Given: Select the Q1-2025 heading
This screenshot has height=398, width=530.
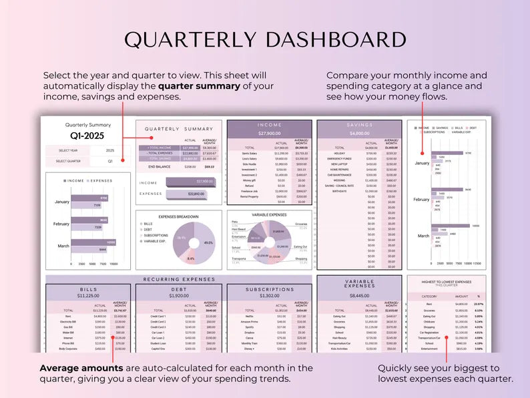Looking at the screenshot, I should point(87,136).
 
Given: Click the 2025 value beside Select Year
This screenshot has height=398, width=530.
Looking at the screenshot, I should point(109,150).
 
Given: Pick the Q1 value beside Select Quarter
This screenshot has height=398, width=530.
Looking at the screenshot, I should point(110,161).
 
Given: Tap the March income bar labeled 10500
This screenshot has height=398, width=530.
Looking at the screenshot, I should point(93,243).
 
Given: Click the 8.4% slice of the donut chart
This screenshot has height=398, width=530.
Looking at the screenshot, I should point(192,257).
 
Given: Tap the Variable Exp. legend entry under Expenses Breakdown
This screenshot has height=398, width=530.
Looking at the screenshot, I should point(156,240).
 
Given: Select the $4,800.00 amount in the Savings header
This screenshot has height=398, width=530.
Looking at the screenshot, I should point(359,133).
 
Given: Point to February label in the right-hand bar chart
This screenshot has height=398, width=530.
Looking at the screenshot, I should point(421,200).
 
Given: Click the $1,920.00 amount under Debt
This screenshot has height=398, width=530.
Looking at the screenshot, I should point(179,295).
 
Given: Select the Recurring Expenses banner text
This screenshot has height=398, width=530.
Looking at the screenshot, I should point(179,279).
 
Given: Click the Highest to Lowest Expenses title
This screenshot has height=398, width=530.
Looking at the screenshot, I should point(446,282).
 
